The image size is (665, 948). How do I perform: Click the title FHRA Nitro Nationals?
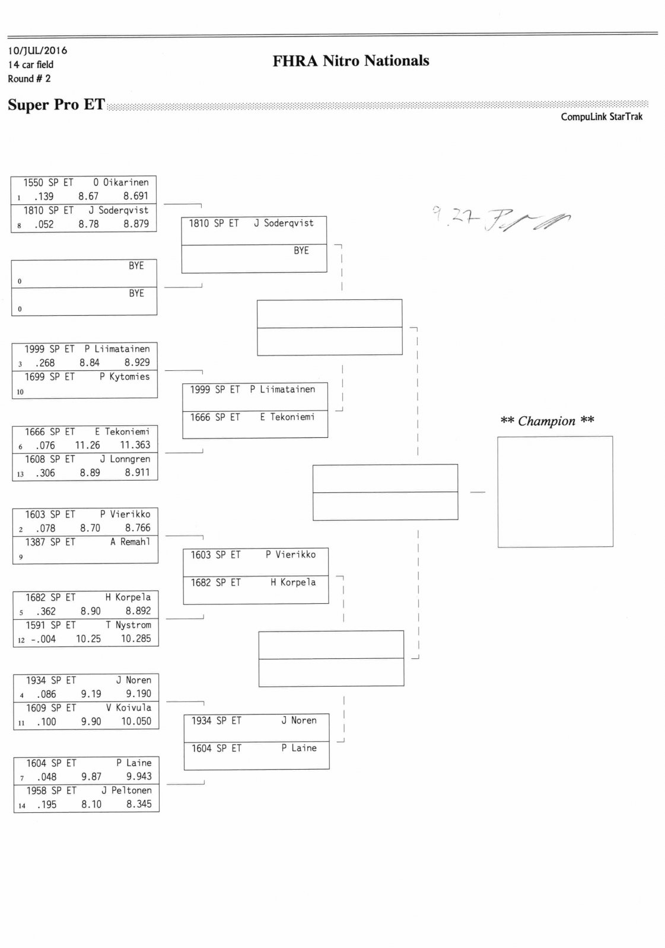351,61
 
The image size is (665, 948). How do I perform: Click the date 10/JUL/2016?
37,50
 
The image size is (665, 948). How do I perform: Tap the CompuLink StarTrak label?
601,117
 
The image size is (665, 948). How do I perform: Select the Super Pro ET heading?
56,105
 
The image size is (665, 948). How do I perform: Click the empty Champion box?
555,491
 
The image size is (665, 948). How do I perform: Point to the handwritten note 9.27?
448,218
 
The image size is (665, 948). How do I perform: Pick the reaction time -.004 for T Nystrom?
43,639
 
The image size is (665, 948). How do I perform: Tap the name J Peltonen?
126,790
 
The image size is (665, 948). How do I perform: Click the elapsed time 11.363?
135,445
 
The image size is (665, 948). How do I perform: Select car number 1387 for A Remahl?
35,542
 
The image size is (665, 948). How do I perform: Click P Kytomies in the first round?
125,376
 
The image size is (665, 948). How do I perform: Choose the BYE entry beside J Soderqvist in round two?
301,251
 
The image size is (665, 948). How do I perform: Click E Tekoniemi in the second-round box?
287,417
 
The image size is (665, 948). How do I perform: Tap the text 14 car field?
30,65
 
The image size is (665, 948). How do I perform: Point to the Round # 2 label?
29,79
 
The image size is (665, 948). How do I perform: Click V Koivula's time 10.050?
136,721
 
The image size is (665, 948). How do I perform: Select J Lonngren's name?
125,459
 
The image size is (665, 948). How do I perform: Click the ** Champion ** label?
547,421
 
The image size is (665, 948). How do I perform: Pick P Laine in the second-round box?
299,748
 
